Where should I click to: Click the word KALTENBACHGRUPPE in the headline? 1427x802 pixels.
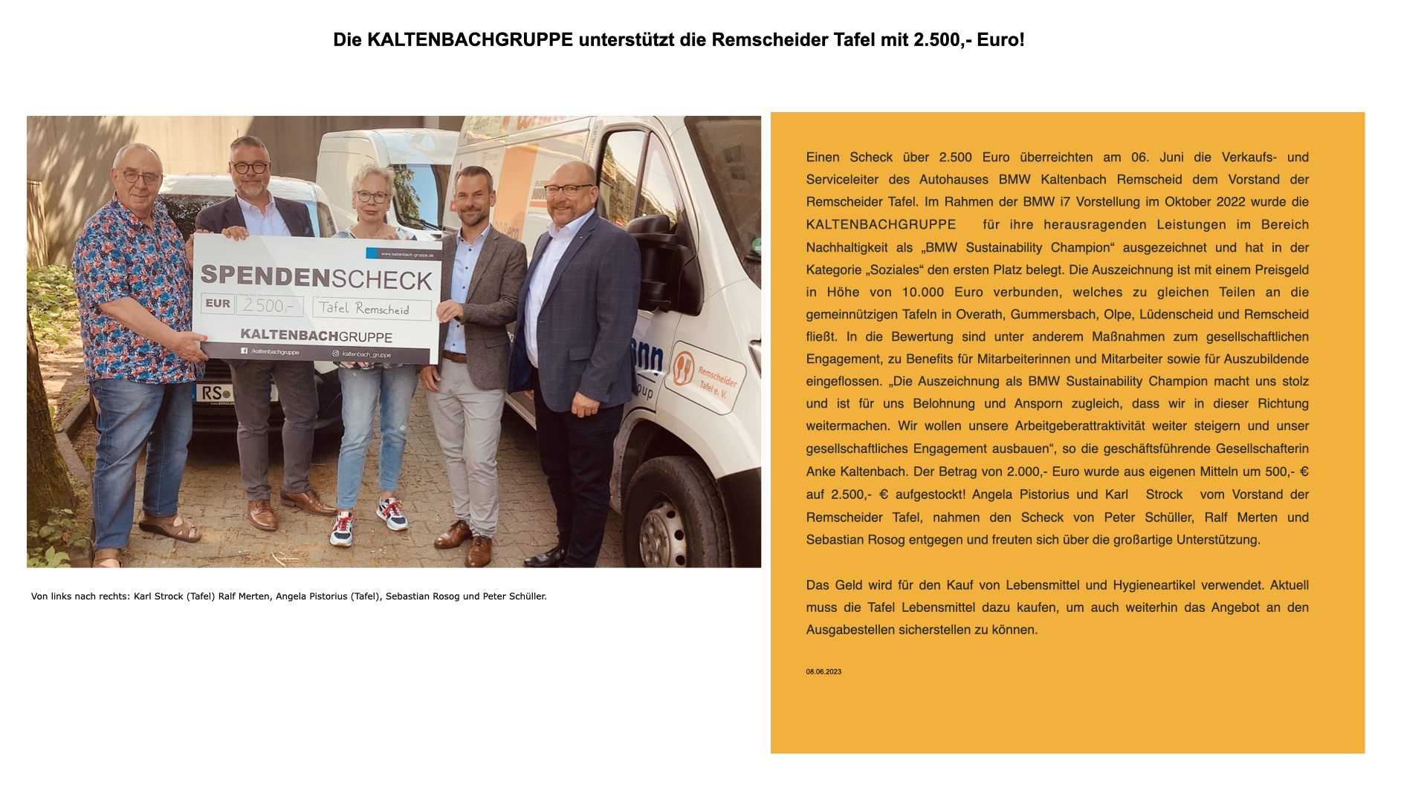point(470,40)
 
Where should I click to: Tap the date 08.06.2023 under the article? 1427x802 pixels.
point(823,672)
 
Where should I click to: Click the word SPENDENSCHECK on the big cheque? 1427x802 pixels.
point(317,277)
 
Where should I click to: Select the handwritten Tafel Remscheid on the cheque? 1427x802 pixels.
point(371,309)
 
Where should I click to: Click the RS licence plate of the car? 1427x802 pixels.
point(216,392)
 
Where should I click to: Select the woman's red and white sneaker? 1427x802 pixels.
point(392,513)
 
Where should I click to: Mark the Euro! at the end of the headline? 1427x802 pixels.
point(1000,40)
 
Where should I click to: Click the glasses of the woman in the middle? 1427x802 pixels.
point(372,197)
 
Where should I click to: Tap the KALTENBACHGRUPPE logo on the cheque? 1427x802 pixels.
point(316,336)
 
